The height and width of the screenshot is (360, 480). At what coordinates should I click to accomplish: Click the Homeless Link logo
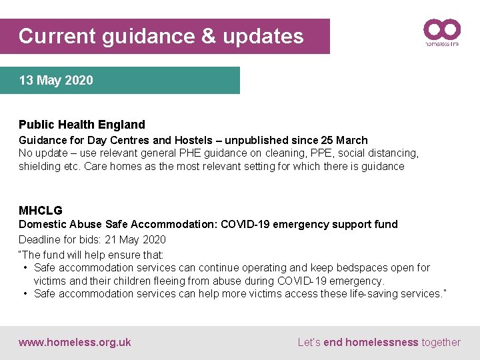point(442,32)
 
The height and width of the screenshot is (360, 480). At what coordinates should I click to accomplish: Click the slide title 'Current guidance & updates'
point(161,36)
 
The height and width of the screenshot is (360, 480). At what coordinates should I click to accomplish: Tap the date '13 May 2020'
point(56,81)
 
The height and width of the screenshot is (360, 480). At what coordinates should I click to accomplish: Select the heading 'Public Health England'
point(81,125)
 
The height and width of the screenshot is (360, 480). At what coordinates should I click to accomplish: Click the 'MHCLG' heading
point(41,211)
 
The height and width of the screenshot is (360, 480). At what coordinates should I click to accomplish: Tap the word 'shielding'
point(40,167)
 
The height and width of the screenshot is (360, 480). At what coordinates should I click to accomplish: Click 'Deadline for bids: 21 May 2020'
point(92,239)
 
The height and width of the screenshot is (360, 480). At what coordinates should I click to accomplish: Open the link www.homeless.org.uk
point(75,343)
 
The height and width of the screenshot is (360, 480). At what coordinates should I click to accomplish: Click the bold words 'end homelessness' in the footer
point(371,343)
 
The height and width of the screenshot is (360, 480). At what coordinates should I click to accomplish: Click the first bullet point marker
point(25,268)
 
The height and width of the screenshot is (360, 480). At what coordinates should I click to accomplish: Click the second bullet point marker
point(25,294)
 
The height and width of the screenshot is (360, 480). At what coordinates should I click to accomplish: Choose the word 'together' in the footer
point(441,343)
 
